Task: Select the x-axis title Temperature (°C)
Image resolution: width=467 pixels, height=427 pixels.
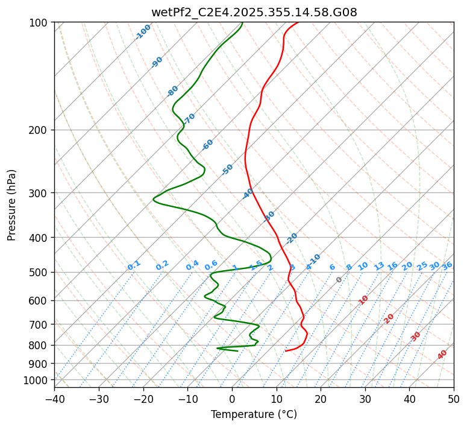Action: (254, 415)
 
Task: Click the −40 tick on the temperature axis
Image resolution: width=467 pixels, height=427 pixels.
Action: (54, 399)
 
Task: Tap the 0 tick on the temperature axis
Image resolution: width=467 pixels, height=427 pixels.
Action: (233, 399)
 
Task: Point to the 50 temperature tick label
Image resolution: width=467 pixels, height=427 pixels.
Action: (454, 399)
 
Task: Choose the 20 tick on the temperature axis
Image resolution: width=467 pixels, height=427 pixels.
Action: (321, 399)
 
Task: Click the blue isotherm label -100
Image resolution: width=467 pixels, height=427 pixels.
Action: (143, 32)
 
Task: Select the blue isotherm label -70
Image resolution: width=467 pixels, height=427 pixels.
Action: (189, 118)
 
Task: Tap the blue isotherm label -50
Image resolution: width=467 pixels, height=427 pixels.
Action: (227, 169)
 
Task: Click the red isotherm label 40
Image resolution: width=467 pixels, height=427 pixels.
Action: (442, 355)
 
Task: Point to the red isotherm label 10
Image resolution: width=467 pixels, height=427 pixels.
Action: (363, 300)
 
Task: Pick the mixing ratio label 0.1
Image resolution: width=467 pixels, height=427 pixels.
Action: (134, 265)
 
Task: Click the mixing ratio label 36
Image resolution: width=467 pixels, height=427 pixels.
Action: (447, 265)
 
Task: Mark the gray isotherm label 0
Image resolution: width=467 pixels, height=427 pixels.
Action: (339, 280)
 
